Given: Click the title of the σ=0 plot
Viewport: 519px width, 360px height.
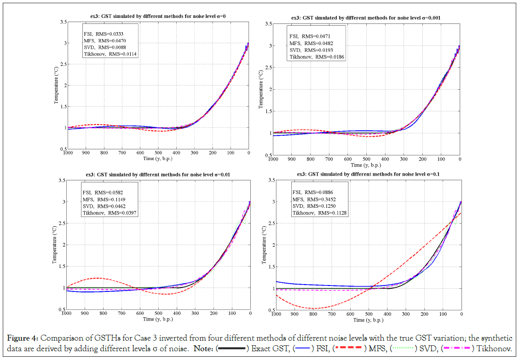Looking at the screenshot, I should point(158,16).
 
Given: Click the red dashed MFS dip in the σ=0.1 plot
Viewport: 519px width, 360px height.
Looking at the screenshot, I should point(313,308).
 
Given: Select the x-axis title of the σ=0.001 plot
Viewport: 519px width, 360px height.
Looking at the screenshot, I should point(366,165).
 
